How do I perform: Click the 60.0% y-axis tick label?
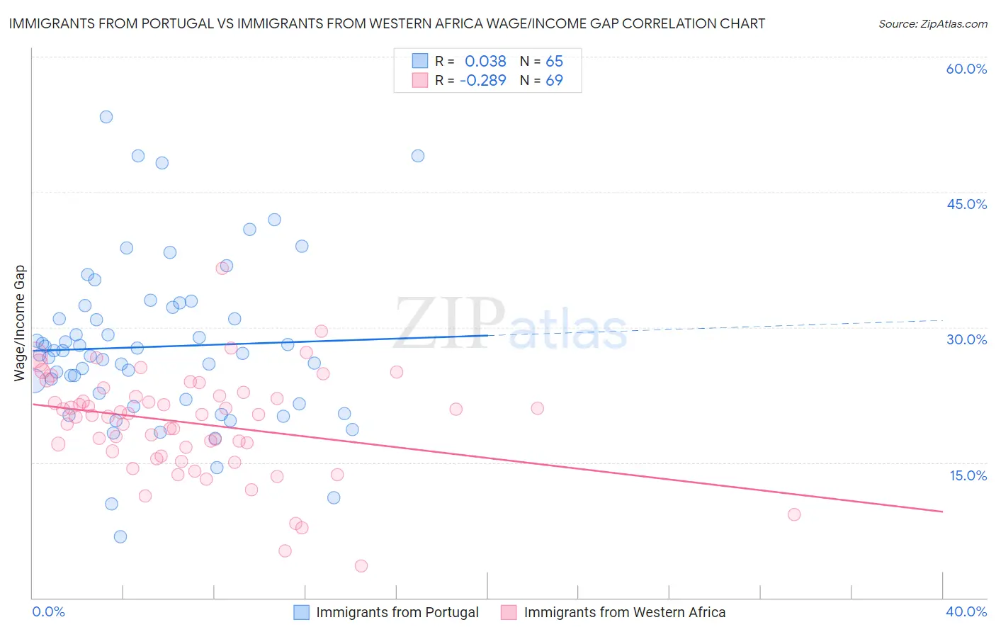[966, 69]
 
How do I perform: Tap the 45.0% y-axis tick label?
[966, 204]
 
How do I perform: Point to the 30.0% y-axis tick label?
[966, 339]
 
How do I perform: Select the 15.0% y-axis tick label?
[968, 475]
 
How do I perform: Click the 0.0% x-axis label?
[48, 611]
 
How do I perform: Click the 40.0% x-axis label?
[966, 611]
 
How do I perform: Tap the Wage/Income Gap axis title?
[20, 323]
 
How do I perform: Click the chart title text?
[387, 23]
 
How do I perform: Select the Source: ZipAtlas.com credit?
[932, 23]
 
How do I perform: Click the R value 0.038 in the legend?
[485, 61]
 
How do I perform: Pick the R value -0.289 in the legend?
[482, 80]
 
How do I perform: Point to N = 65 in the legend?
[541, 61]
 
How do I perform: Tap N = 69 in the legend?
[541, 80]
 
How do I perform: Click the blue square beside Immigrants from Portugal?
[301, 612]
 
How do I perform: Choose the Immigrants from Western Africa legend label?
[624, 612]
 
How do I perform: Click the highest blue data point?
[106, 117]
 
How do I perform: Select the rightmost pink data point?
[794, 514]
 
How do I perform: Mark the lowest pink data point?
[361, 565]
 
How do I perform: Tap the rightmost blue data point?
[418, 156]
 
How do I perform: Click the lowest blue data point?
[120, 536]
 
